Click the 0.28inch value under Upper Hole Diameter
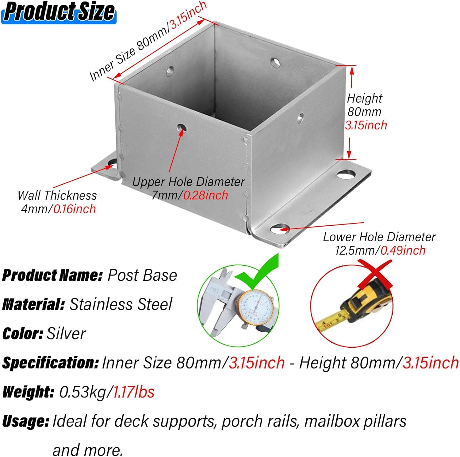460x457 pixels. click(206, 195)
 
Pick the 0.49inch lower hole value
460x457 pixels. click(403, 251)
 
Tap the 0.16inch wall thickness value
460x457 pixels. click(75, 209)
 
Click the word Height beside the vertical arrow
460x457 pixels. click(364, 99)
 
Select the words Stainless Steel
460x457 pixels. click(121, 304)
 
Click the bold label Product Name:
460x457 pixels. click(52, 275)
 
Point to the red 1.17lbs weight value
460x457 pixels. click(134, 392)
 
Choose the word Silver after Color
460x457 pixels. click(66, 334)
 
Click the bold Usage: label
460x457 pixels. click(26, 421)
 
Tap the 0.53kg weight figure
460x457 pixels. click(82, 392)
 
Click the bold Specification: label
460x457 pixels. click(50, 363)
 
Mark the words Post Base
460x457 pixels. click(142, 275)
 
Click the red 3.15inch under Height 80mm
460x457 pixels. click(366, 125)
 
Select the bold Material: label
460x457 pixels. click(33, 304)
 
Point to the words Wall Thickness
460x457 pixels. click(57, 196)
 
